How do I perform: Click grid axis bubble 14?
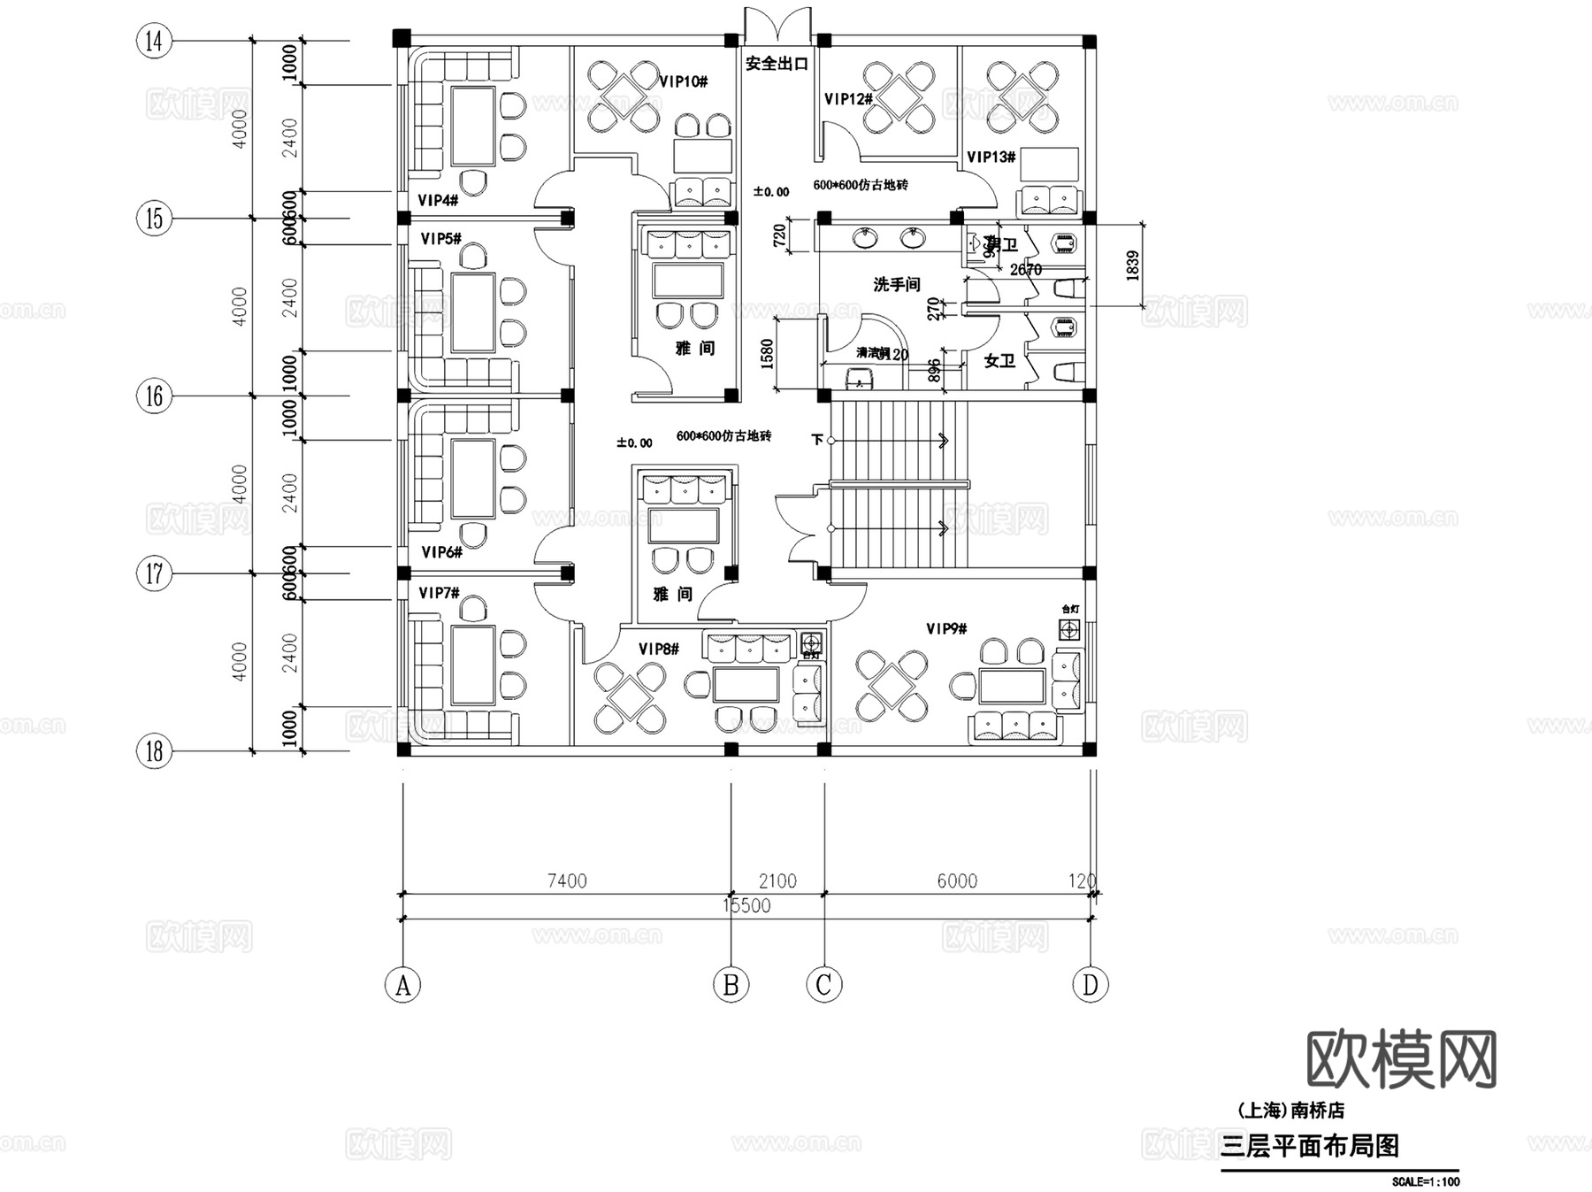click(x=155, y=41)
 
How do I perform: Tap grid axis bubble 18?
click(x=155, y=751)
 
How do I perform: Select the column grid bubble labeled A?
click(x=403, y=984)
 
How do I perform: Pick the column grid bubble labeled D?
click(x=1090, y=984)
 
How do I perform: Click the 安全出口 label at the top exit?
click(x=777, y=64)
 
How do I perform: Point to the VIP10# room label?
click(x=684, y=81)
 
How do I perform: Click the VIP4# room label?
click(x=438, y=201)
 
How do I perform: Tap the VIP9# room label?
click(x=946, y=628)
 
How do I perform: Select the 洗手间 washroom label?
click(x=897, y=284)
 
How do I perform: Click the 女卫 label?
click(x=999, y=360)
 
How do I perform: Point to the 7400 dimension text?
click(x=567, y=881)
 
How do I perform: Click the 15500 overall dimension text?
click(x=746, y=905)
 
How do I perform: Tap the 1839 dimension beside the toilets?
click(x=1134, y=265)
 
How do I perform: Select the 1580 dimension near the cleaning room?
click(x=767, y=353)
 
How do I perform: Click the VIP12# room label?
click(x=849, y=99)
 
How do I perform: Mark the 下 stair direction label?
click(x=817, y=439)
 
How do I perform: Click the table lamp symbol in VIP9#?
click(x=1070, y=629)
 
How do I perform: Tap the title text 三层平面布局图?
click(x=1310, y=1146)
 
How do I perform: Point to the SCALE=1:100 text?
click(x=1425, y=1181)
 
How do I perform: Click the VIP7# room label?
click(x=439, y=592)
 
